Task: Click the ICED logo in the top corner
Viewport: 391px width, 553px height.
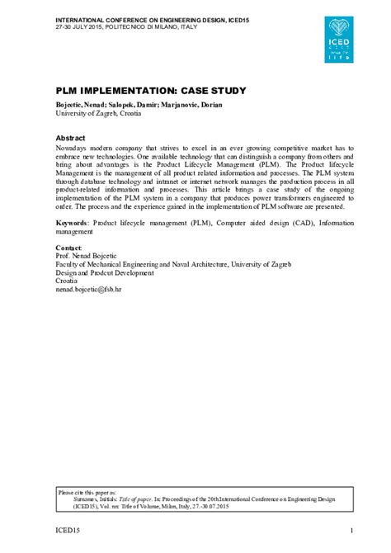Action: coord(341,38)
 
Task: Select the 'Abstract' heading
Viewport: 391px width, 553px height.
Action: coord(72,137)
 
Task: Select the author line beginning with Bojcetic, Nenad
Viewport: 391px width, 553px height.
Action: coord(138,105)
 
